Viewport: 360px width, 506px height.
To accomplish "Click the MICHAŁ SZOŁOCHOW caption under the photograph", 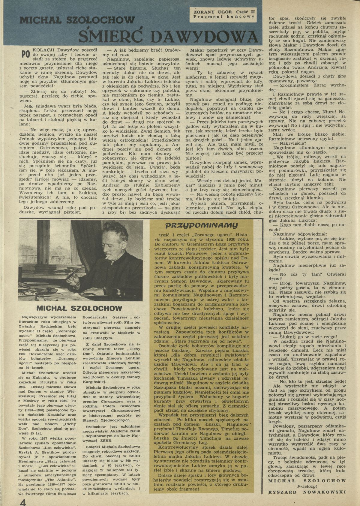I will click(x=79, y=308).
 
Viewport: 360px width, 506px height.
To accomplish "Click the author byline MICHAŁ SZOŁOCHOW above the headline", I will click(x=77, y=20).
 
